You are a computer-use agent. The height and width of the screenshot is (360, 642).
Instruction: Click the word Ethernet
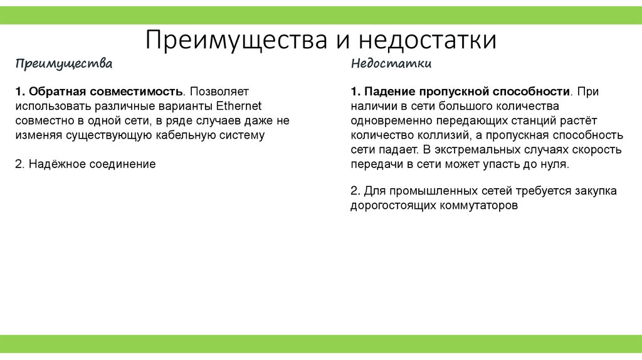pos(239,105)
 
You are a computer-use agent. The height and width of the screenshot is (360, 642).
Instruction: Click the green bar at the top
pos(321,15)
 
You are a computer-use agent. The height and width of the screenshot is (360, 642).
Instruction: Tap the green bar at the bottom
pos(321,343)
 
